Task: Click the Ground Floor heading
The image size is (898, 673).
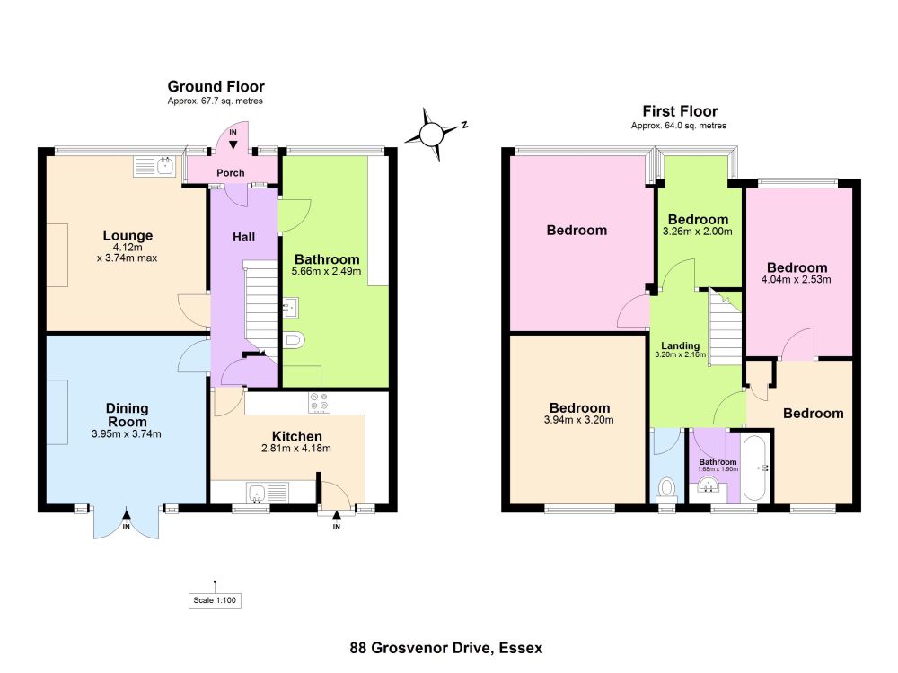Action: [216, 86]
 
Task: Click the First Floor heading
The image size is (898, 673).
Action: [680, 111]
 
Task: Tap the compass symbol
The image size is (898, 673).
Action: [434, 134]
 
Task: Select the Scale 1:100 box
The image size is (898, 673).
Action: [215, 600]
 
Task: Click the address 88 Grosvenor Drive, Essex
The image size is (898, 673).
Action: [446, 648]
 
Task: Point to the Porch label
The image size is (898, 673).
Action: [230, 173]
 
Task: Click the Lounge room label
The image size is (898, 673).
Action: [128, 235]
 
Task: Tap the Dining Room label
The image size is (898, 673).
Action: [128, 415]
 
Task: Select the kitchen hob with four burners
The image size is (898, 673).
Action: [320, 402]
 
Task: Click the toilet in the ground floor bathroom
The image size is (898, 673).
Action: [294, 340]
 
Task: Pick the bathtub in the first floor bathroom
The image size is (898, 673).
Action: [755, 468]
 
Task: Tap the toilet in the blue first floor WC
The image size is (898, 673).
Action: [666, 489]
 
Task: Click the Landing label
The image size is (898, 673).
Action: [681, 345]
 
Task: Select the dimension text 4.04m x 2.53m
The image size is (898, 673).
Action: [796, 279]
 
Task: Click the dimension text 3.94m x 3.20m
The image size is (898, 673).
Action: [578, 419]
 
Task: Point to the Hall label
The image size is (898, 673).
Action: [243, 237]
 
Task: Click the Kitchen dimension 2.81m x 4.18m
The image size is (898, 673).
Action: [296, 448]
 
